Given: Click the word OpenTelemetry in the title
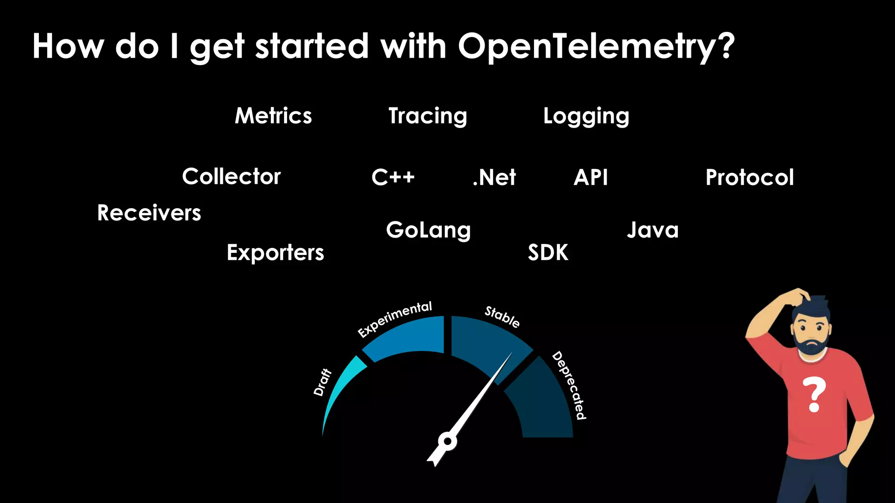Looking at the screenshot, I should point(596,47).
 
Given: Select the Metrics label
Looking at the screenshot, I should point(274,116).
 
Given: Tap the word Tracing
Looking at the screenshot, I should point(428,116).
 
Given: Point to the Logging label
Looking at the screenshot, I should point(586,117).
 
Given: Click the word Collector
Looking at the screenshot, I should point(231,177).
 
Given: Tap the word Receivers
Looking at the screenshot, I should point(149,213).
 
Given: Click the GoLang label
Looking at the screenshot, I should point(428,230).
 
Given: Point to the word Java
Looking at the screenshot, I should point(653,230).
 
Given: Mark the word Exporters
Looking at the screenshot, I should point(275,253).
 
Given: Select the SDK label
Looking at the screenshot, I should point(548,253).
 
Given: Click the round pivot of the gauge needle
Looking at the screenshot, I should point(447,441).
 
